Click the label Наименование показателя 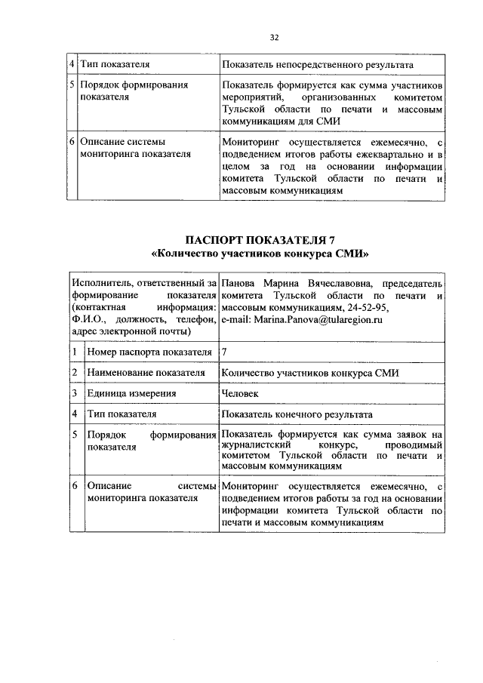point(141,373)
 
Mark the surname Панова point(240,284)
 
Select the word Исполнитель point(100,284)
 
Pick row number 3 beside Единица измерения point(75,393)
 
